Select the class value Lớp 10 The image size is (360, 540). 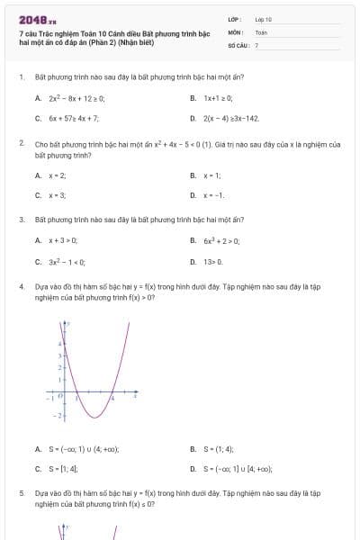point(264,18)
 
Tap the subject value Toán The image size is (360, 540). point(261,31)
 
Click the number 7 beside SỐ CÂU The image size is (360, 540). point(256,44)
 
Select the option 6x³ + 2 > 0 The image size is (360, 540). point(221,240)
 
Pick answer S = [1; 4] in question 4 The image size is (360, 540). point(63,469)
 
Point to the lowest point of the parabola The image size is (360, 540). point(93,418)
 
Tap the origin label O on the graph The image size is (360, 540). point(59,397)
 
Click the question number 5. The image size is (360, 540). point(21,494)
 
